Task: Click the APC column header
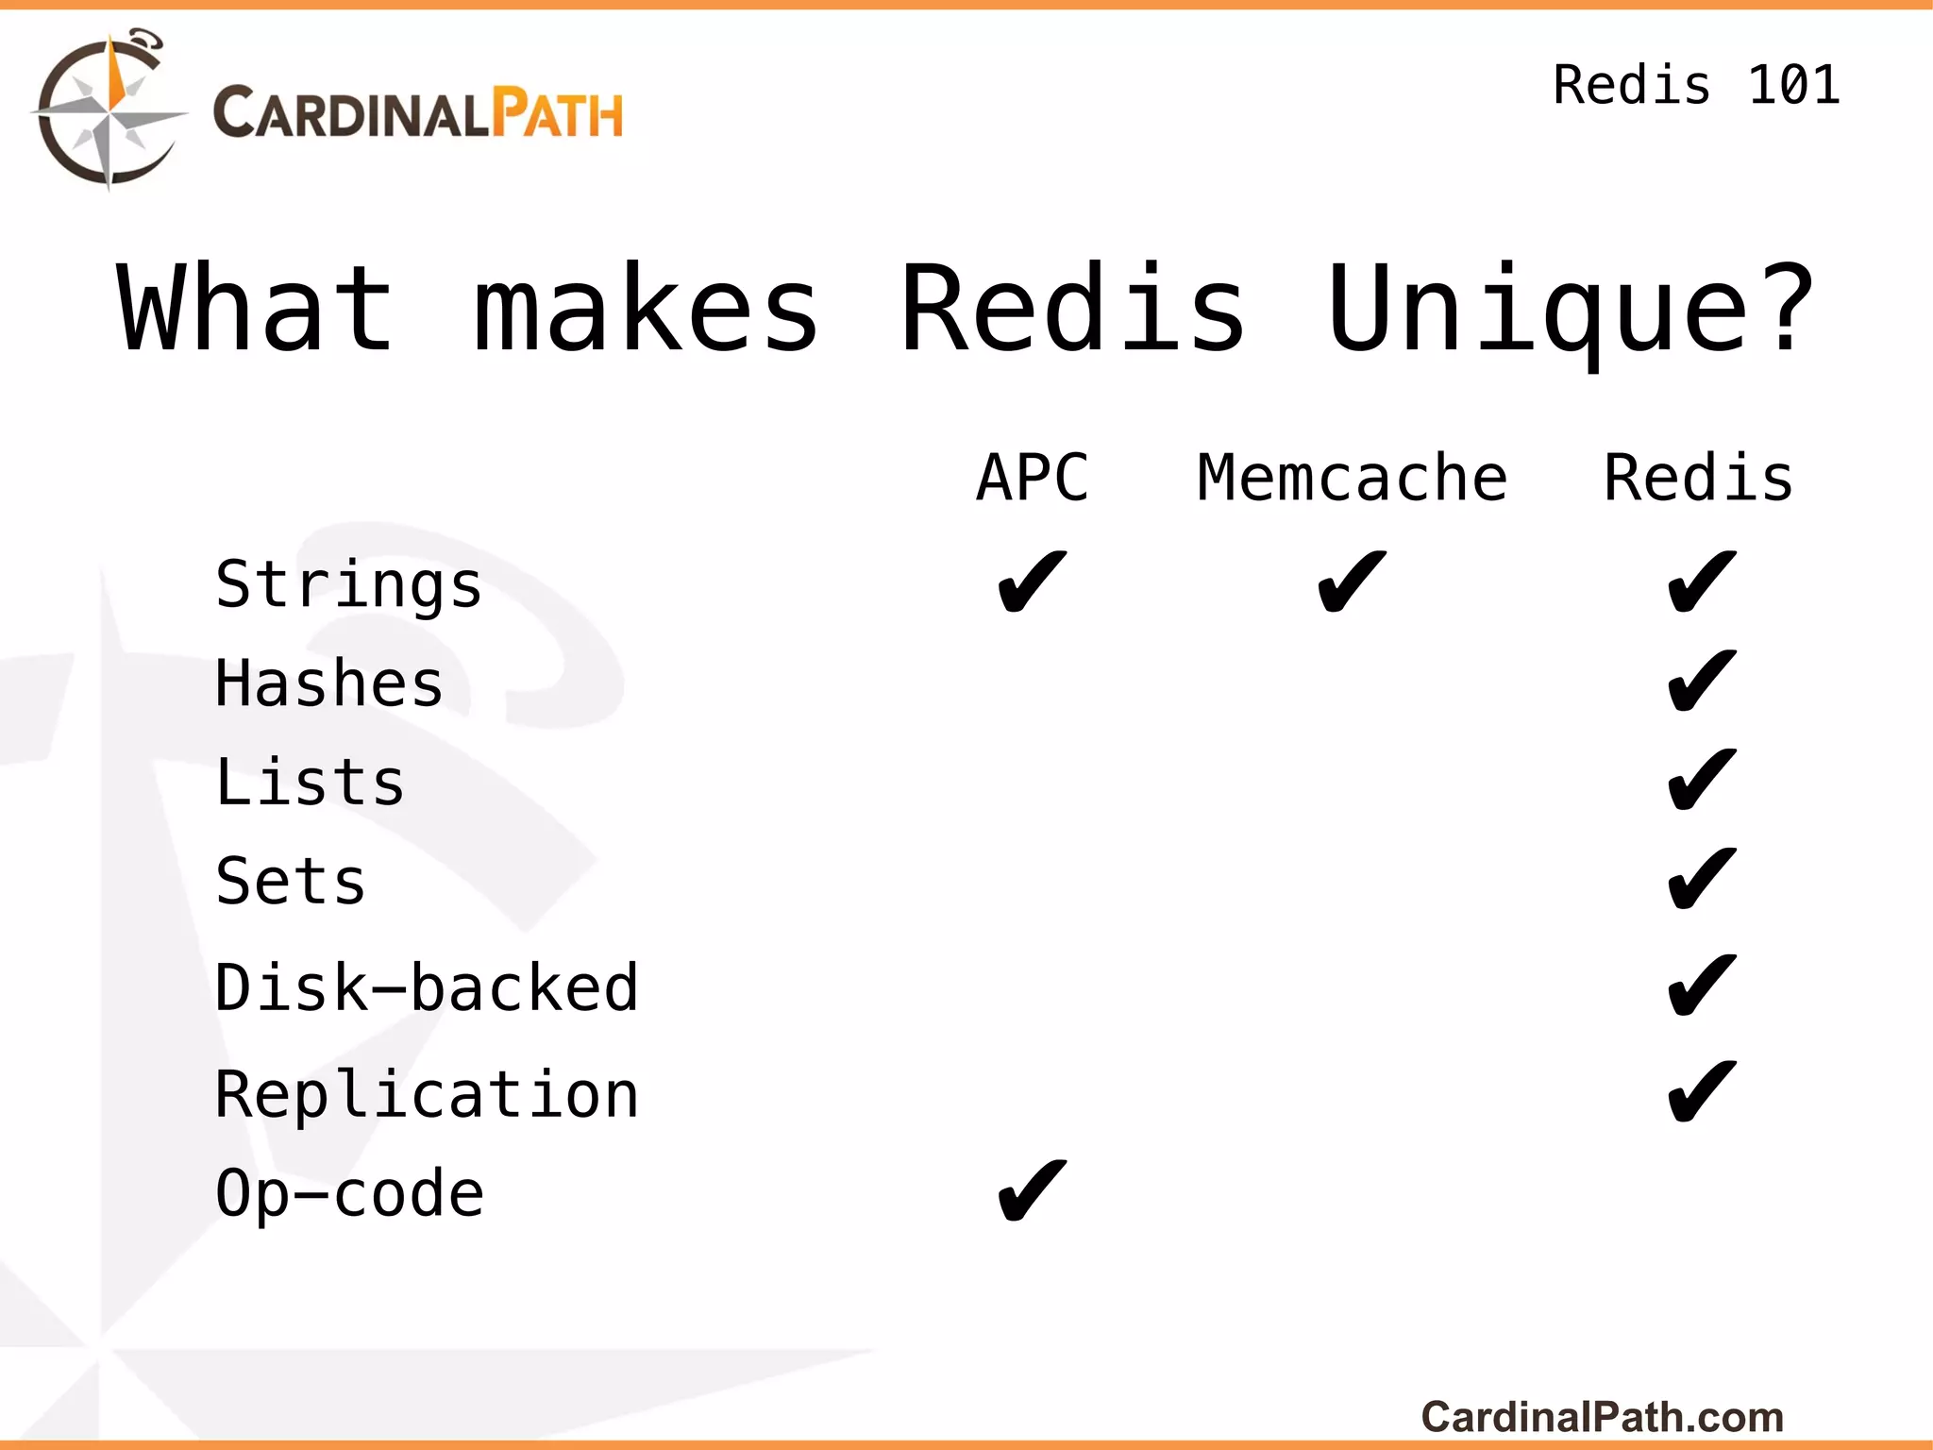[1033, 478]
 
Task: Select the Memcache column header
[1352, 478]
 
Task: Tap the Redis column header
[1699, 478]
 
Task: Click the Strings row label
[348, 586]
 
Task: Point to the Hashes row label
[328, 683]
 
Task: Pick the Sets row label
[291, 881]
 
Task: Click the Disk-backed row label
[427, 987]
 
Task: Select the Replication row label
[427, 1094]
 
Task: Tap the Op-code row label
[349, 1193]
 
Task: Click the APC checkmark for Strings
[1033, 582]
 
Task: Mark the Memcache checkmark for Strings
[1352, 582]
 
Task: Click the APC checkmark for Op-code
[1033, 1191]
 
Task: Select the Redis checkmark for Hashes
[1702, 681]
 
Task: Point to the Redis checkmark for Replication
[1702, 1091]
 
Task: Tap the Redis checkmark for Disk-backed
[1702, 985]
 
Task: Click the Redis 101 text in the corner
[1696, 85]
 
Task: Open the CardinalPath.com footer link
[1602, 1417]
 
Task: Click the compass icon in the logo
[109, 111]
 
